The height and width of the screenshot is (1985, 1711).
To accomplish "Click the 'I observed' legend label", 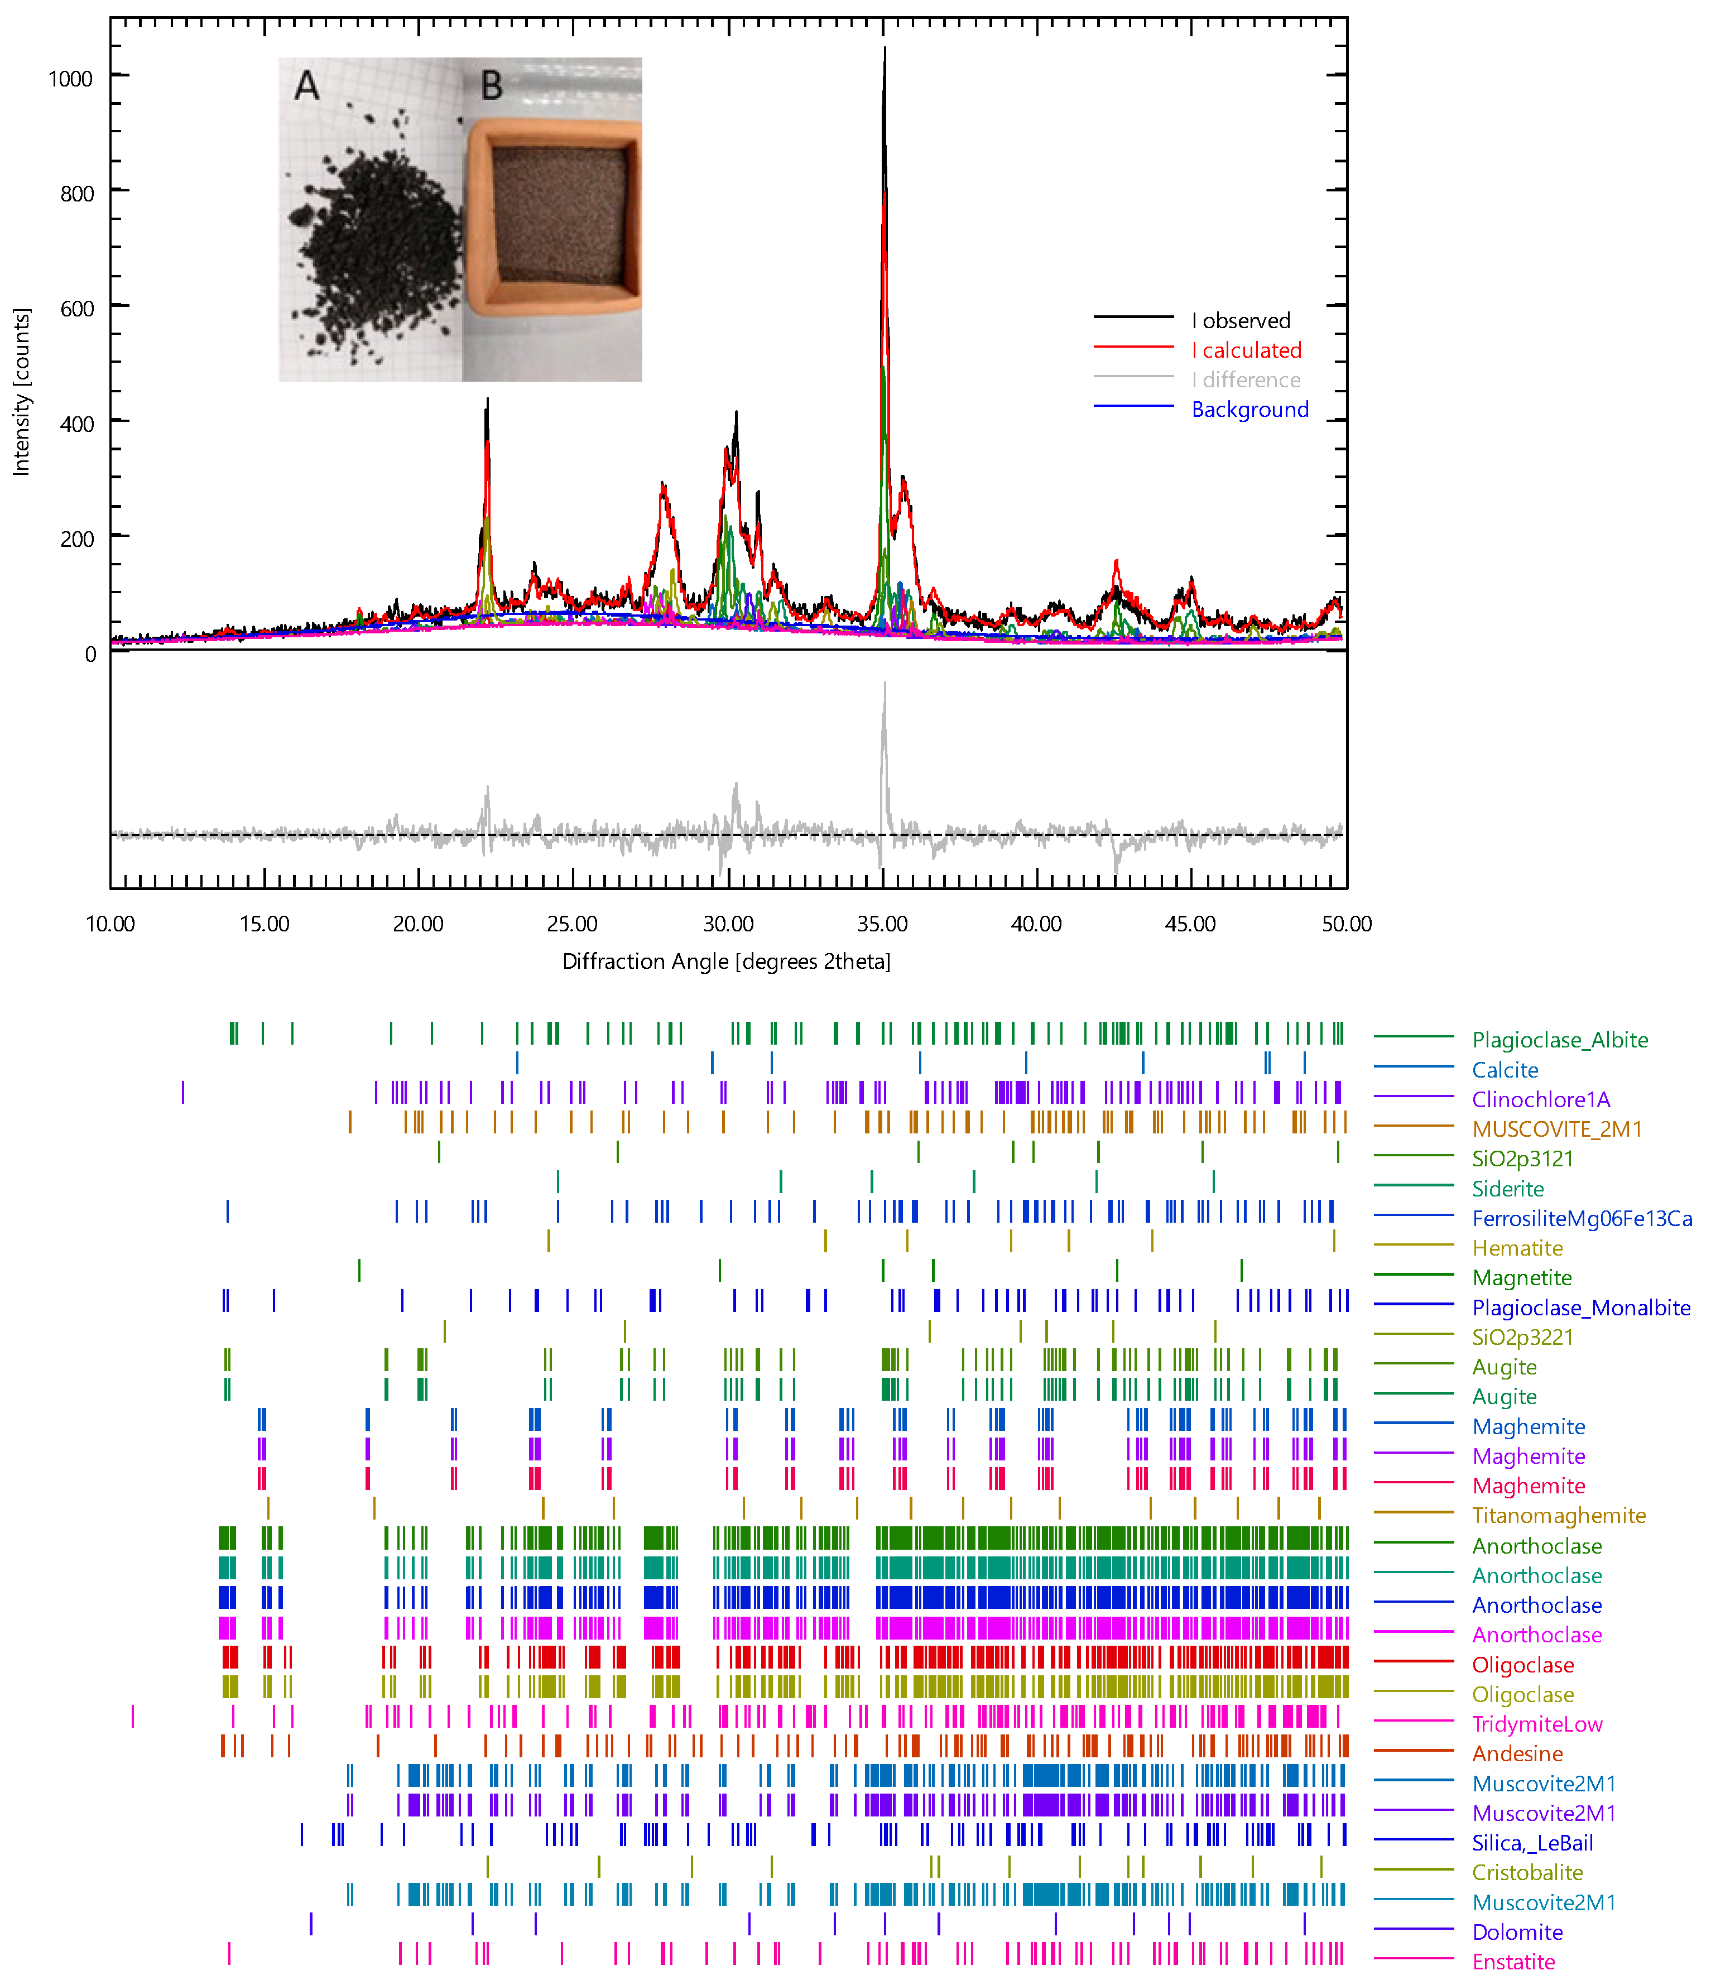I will [1241, 321].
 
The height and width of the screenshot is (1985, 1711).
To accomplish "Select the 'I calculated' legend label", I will [1246, 350].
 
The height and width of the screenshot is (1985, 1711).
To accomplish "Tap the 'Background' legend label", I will [1249, 410].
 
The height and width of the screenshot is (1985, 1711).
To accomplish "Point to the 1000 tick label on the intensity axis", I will [71, 79].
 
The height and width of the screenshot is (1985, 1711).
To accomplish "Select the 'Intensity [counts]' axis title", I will [21, 392].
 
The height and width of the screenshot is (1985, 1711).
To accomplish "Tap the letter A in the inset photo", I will [306, 86].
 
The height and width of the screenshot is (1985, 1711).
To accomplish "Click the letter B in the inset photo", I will [492, 86].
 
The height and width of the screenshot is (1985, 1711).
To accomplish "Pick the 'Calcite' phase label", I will [1505, 1070].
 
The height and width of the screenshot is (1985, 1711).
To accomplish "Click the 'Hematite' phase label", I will [1517, 1248].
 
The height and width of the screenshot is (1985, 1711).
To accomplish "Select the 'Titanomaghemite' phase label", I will [1559, 1516].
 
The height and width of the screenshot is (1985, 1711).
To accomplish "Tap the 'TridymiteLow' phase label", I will [1537, 1724].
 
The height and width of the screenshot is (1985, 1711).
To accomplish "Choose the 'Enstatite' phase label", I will [1513, 1962].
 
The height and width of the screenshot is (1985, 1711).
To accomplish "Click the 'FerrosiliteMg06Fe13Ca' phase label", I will [1582, 1219].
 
